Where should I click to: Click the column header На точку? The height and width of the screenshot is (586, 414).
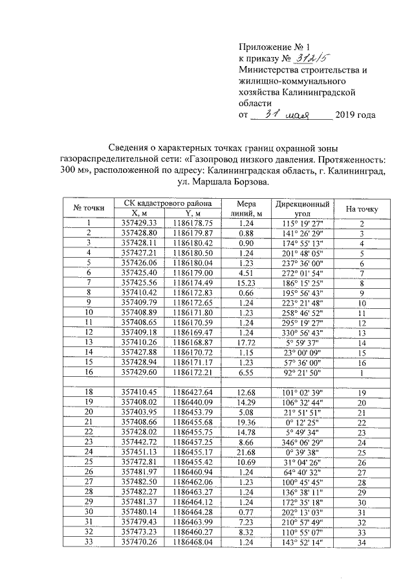362,208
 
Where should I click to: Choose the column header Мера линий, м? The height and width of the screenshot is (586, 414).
246,208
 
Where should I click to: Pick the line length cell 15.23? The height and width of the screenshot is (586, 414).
246,284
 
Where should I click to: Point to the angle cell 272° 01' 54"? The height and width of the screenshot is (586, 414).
303,273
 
